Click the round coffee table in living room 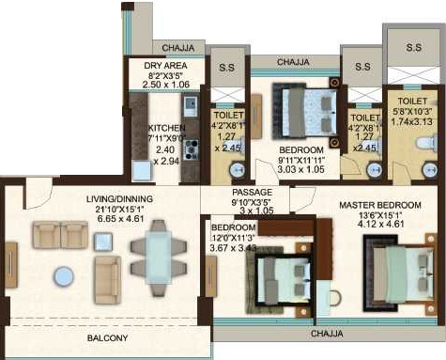(64, 276)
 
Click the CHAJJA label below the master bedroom (328, 333)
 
